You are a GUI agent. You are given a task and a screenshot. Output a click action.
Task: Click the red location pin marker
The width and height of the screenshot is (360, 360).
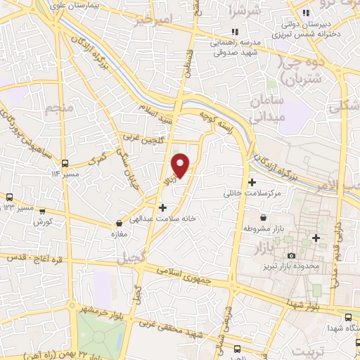click(181, 165)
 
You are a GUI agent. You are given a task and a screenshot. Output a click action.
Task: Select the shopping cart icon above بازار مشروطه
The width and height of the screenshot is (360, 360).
click(263, 218)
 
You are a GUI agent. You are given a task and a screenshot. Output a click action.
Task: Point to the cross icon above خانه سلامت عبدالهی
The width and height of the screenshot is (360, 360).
click(163, 207)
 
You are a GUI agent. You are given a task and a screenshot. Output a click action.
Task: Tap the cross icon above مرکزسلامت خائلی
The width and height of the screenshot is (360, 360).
click(252, 182)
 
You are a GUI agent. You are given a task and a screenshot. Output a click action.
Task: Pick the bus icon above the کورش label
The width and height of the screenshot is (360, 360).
click(43, 210)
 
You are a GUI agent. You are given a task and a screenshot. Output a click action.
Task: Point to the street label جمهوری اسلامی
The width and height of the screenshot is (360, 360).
click(186, 275)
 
